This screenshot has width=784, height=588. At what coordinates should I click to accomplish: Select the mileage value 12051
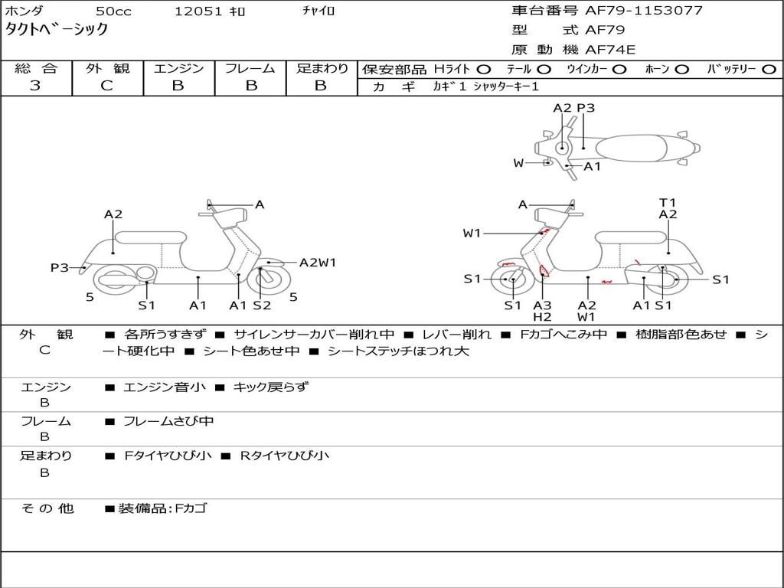(198, 11)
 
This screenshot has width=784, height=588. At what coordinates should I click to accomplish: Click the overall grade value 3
(35, 85)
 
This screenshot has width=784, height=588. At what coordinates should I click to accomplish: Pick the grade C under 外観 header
(106, 85)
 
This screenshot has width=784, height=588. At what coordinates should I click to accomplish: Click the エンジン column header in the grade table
(178, 68)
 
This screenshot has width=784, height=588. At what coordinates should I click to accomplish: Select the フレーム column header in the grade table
(250, 68)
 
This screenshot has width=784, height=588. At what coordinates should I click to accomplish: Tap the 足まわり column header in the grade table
(322, 68)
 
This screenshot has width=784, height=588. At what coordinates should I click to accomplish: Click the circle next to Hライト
(483, 69)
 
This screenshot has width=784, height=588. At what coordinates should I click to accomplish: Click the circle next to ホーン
(681, 69)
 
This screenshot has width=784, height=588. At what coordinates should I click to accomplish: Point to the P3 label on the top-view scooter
(586, 108)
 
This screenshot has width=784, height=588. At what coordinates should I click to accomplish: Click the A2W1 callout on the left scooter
(318, 263)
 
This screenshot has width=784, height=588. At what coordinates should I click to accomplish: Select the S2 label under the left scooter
(262, 305)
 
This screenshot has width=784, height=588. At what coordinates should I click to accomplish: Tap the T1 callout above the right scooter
(668, 202)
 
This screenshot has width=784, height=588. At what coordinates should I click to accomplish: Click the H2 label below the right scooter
(542, 317)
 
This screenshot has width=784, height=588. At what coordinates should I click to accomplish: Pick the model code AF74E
(610, 50)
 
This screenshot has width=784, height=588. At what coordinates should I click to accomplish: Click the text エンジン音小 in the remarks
(164, 387)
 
